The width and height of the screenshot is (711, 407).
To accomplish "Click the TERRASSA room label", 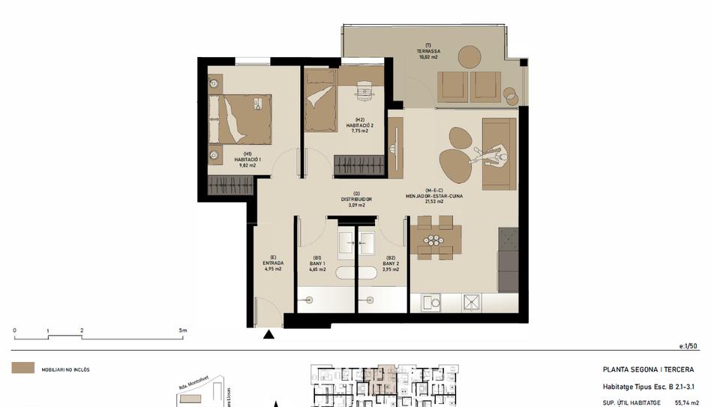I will [427, 51].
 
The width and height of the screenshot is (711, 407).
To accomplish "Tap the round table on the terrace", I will [469, 57].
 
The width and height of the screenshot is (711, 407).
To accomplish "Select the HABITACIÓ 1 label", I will [247, 159].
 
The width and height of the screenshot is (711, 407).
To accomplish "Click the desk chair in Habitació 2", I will [364, 89].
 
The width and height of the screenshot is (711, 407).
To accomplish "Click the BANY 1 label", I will [317, 266].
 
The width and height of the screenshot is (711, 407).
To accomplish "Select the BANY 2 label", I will [391, 266].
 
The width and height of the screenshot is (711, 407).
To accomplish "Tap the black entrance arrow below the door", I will [269, 335].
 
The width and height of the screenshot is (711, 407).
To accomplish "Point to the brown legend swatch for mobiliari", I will [22, 369].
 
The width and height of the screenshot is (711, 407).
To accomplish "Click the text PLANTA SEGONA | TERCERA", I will [648, 369].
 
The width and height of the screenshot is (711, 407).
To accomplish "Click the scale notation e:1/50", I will [688, 346].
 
